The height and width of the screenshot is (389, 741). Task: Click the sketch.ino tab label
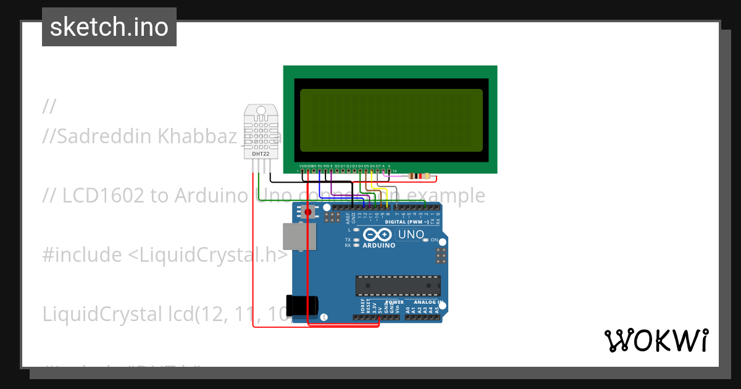pos(109,27)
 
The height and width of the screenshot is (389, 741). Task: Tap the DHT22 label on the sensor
pos(261,153)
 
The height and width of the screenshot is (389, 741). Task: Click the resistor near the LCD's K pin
pos(420,177)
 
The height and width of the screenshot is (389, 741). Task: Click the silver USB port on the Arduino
pos(299,236)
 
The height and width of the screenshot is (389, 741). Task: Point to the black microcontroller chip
pos(398,286)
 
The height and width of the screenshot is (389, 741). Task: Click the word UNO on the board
pos(411,235)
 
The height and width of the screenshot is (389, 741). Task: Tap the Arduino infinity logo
pos(377,235)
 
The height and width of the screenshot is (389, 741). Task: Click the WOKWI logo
pos(656,340)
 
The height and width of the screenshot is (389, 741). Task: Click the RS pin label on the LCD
pos(319,166)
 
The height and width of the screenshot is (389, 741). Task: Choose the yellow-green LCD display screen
pos(391,120)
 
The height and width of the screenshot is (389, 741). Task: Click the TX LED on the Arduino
pos(356,240)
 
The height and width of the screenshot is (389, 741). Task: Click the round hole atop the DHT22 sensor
pos(261,112)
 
